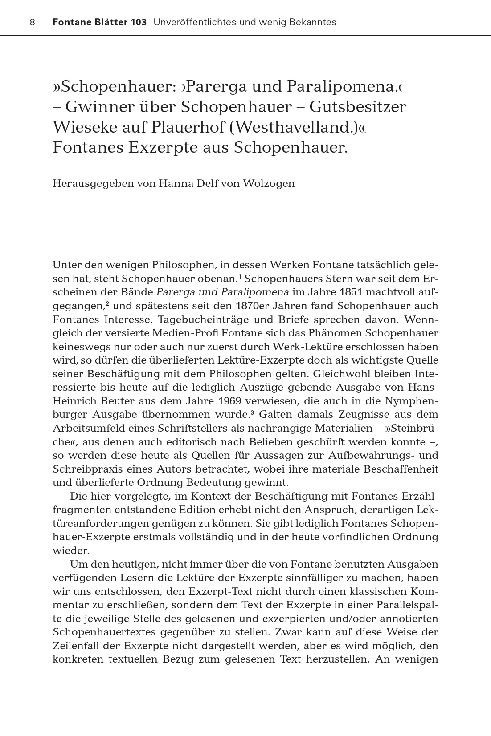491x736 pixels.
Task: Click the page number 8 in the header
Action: tap(32, 22)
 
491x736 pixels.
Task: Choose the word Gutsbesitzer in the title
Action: tap(358, 107)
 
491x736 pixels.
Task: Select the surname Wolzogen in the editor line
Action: tap(269, 184)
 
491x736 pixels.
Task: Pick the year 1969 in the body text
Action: tap(235, 401)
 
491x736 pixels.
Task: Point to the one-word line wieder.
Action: tap(71, 550)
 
